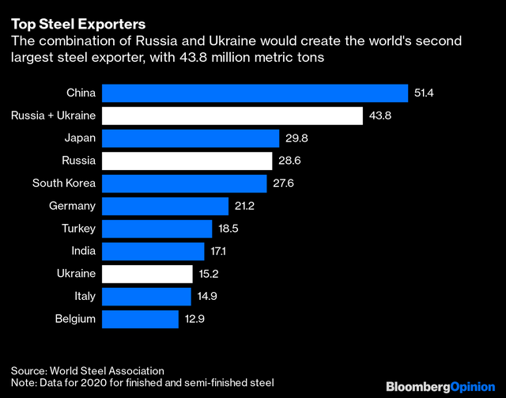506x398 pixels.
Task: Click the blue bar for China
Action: pyautogui.click(x=255, y=93)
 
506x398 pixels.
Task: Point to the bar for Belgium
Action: pyautogui.click(x=141, y=319)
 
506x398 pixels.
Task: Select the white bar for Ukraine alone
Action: pyautogui.click(x=148, y=274)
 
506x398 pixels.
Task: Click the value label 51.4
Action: pyautogui.click(x=425, y=93)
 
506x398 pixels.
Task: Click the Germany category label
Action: pyautogui.click(x=72, y=206)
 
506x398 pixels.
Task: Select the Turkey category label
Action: pyautogui.click(x=78, y=229)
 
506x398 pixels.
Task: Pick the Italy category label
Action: pyautogui.click(x=84, y=296)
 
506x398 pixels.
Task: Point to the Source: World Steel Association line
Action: pyautogui.click(x=88, y=370)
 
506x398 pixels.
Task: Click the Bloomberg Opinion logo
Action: pyautogui.click(x=440, y=386)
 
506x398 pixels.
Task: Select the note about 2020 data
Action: pyautogui.click(x=142, y=383)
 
